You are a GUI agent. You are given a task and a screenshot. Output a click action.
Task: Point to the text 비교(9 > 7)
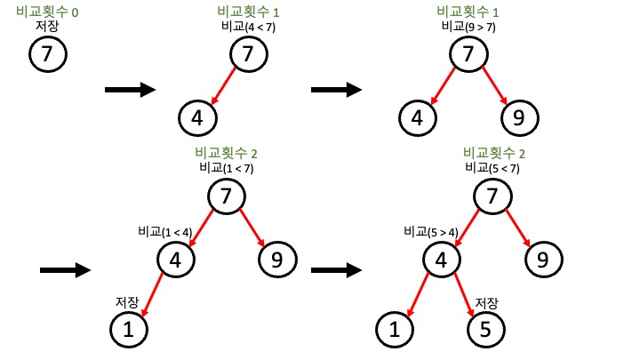[468, 27]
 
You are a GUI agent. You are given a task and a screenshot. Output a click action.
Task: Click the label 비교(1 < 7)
[227, 167]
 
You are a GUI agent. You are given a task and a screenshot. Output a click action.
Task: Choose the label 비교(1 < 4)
[164, 232]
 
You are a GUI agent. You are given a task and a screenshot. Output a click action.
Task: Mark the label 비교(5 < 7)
[492, 167]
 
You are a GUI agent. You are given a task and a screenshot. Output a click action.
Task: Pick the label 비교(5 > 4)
[430, 232]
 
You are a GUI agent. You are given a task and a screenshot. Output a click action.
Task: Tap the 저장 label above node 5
[487, 302]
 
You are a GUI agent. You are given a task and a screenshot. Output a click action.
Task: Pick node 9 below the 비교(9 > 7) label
[519, 116]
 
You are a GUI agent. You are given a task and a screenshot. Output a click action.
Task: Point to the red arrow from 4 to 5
[462, 295]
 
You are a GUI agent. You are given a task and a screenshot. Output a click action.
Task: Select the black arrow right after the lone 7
[130, 89]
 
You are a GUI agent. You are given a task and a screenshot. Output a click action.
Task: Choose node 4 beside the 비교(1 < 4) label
[174, 260]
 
